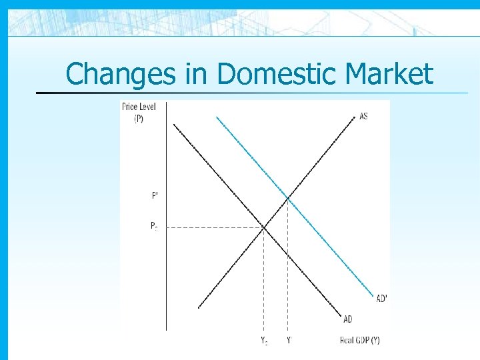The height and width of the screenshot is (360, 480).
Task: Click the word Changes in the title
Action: pyautogui.click(x=122, y=74)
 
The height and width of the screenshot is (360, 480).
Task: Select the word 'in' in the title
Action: pyautogui.click(x=197, y=74)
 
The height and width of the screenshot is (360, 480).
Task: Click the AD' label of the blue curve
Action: pyautogui.click(x=381, y=298)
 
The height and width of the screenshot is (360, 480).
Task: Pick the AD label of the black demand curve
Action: pyautogui.click(x=348, y=319)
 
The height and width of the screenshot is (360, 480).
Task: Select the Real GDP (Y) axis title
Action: pyautogui.click(x=359, y=341)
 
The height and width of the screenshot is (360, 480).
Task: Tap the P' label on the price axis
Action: pyautogui.click(x=155, y=195)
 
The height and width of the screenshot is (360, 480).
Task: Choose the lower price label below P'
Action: pyautogui.click(x=154, y=226)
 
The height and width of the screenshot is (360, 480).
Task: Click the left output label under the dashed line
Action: pyautogui.click(x=264, y=341)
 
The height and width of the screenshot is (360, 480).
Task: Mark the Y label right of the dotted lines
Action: pyautogui.click(x=288, y=341)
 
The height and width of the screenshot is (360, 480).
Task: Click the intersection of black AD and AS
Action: pyautogui.click(x=264, y=227)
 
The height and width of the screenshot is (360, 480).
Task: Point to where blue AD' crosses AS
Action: pyautogui.click(x=287, y=197)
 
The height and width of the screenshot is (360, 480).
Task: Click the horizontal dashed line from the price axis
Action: pyautogui.click(x=213, y=227)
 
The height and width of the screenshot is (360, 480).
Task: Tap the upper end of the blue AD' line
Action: pyautogui.click(x=217, y=118)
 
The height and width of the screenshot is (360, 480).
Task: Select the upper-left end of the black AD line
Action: pyautogui.click(x=173, y=124)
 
